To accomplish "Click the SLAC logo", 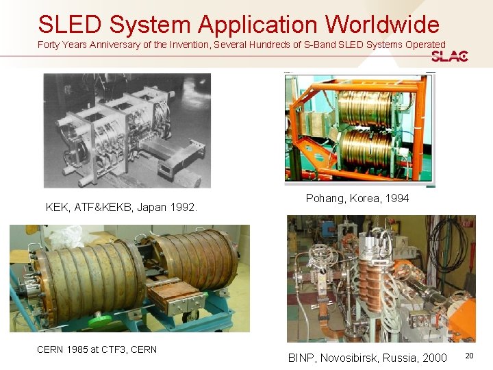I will (450, 56).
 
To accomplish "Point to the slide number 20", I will (469, 356).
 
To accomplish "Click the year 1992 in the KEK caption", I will (183, 207).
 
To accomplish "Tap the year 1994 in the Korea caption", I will (396, 198).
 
